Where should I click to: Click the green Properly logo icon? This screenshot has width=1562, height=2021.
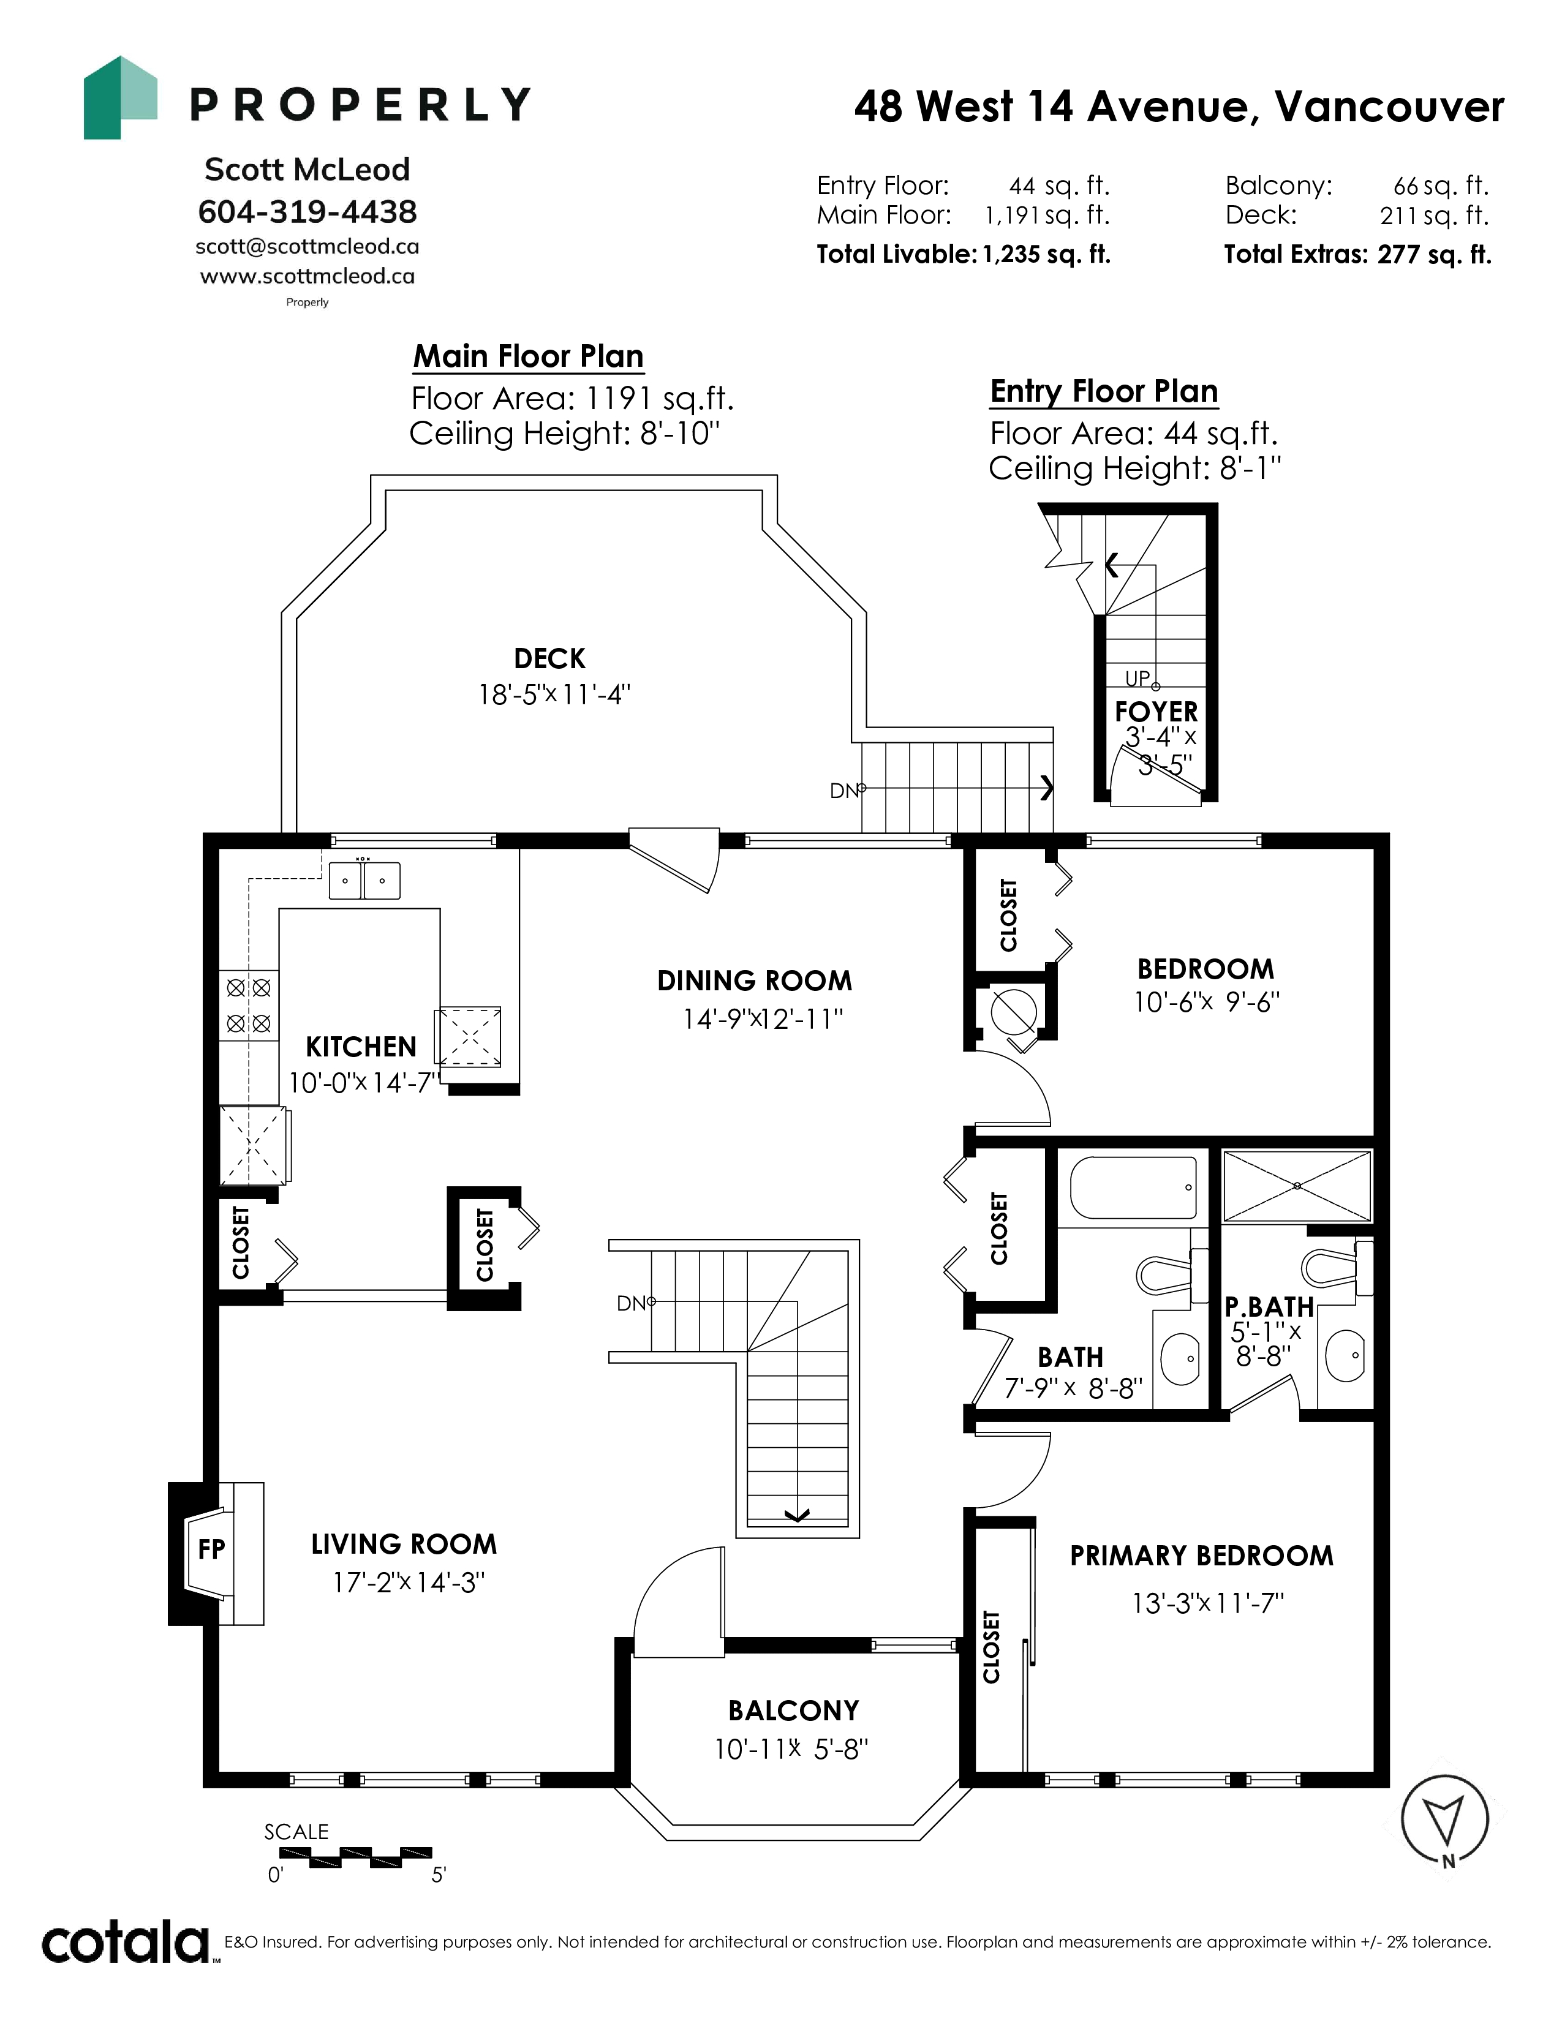pos(120,98)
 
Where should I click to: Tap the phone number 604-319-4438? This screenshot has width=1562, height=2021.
pos(307,212)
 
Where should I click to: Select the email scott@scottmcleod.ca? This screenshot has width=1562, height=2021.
pos(307,247)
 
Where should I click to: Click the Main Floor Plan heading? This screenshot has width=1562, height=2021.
pos(529,356)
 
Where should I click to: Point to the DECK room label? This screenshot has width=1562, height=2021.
pos(549,659)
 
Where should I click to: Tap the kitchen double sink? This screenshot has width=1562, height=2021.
pos(364,880)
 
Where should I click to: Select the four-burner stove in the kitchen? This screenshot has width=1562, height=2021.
pos(249,1005)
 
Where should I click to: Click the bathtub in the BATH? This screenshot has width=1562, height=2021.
pos(1134,1188)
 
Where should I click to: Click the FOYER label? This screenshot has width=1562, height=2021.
pos(1156,712)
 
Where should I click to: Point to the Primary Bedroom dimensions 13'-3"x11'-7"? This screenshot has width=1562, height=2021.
pos(1207,1603)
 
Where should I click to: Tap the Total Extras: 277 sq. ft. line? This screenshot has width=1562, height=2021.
pos(1357,255)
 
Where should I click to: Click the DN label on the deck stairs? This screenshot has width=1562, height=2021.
pos(845,791)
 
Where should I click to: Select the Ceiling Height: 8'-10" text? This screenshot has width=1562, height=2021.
pos(565,433)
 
